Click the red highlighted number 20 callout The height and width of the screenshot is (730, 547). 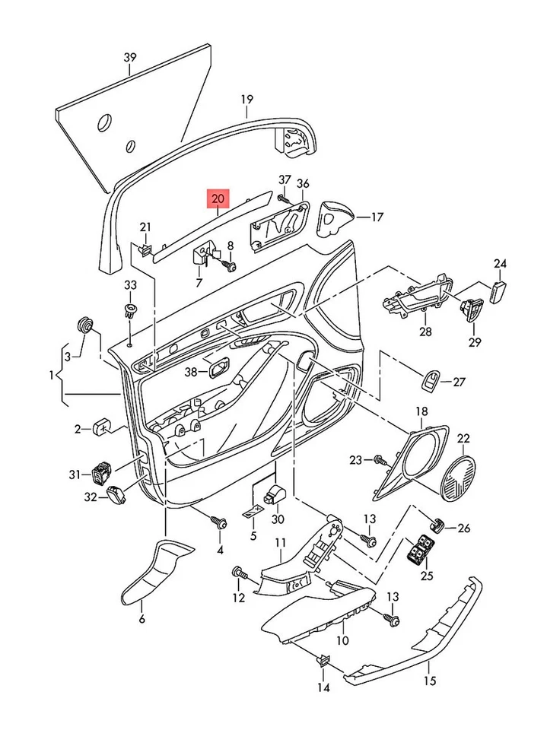pyautogui.click(x=218, y=199)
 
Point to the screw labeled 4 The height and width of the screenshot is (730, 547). pyautogui.click(x=219, y=522)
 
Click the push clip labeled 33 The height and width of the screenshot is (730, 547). pyautogui.click(x=131, y=309)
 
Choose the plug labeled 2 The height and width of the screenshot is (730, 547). pyautogui.click(x=103, y=428)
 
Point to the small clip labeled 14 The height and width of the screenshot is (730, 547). pyautogui.click(x=323, y=659)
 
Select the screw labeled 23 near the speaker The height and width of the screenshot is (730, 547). pyautogui.click(x=380, y=460)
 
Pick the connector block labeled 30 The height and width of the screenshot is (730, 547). pyautogui.click(x=274, y=496)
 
